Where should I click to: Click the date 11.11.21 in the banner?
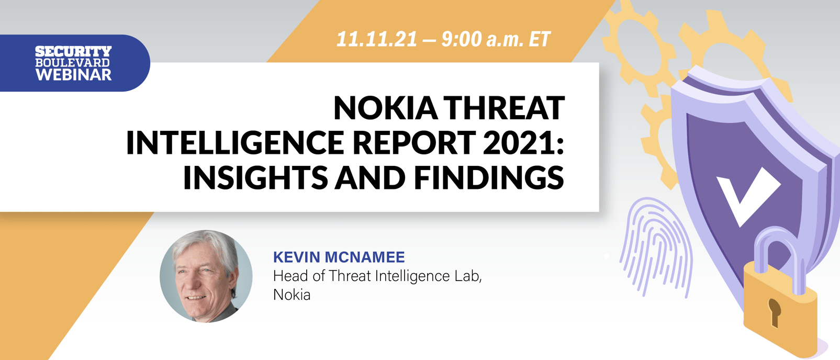tap(377, 39)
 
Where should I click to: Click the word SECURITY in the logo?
tap(73, 51)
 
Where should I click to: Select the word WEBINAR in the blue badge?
tap(73, 75)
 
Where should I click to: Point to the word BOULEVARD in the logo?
tap(73, 63)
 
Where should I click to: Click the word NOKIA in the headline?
tap(386, 108)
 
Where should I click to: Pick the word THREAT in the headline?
tap(506, 108)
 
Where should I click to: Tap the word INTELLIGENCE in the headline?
tap(236, 142)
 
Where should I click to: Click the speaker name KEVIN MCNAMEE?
tap(339, 257)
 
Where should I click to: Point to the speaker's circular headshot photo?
tap(206, 276)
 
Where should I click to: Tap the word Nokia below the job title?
tap(292, 295)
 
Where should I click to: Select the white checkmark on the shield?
tap(746, 194)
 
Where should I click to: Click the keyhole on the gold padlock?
tap(774, 311)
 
